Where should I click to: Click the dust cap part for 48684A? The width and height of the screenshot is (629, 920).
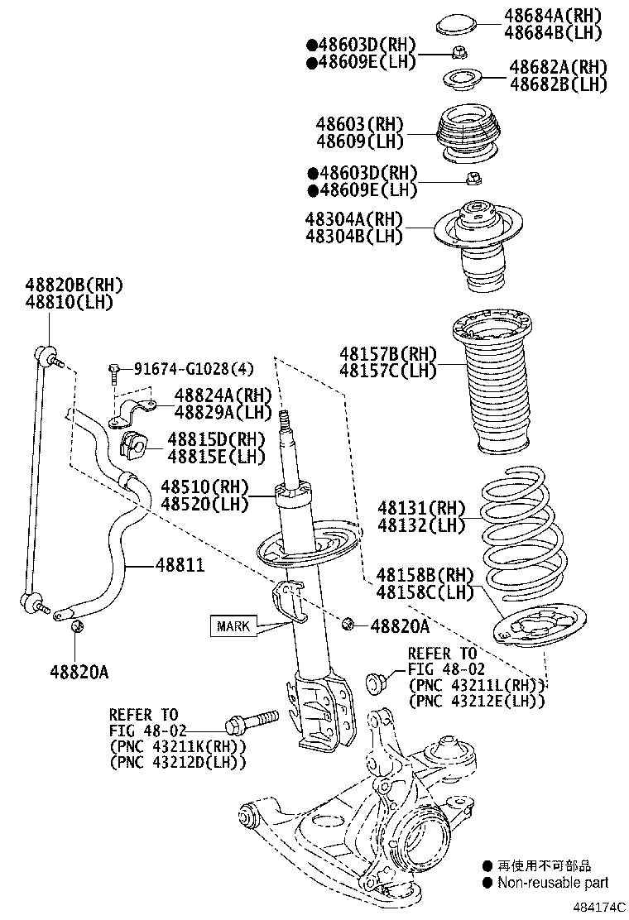click(452, 22)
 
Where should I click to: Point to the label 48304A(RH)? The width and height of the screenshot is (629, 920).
click(353, 219)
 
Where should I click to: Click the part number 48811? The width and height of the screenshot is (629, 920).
click(180, 564)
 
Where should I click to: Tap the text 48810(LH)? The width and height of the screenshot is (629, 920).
click(69, 302)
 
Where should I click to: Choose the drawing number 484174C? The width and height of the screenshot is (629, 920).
click(595, 908)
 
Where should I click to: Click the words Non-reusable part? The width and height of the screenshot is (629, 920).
click(552, 883)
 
